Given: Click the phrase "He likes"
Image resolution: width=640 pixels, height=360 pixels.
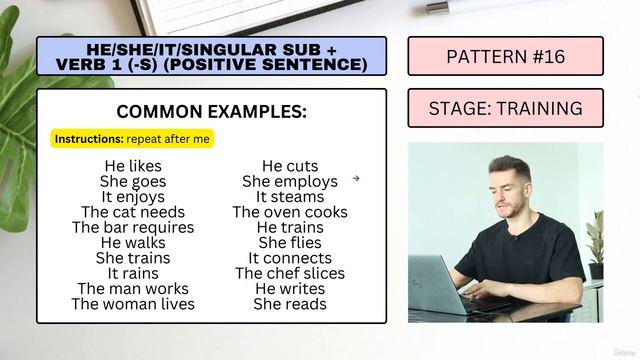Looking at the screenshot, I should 132,166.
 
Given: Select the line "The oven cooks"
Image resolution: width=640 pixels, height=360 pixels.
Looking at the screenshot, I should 290,212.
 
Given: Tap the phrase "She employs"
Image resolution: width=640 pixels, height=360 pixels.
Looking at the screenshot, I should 290,182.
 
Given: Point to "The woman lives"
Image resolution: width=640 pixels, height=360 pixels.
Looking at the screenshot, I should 133,303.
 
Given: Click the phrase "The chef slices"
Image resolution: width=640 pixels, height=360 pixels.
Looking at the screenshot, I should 290,273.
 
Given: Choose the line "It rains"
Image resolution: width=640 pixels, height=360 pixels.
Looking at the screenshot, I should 133,273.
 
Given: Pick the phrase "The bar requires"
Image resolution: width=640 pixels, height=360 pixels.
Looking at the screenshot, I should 133,227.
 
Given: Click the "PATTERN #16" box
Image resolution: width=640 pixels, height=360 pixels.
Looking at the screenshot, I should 505,56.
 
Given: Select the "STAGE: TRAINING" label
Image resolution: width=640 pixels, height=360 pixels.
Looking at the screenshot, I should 505,108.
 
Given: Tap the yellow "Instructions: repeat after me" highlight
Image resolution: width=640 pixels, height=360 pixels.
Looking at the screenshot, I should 133,139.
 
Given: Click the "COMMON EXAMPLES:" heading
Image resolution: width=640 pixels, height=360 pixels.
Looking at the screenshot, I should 211,111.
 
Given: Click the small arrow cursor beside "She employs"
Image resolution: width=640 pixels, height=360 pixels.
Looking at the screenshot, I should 355,180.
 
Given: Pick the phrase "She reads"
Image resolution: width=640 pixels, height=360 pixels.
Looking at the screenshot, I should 290,303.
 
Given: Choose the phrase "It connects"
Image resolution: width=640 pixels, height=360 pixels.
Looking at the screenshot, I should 290,258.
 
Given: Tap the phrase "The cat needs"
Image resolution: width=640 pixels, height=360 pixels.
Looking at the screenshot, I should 133,212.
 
